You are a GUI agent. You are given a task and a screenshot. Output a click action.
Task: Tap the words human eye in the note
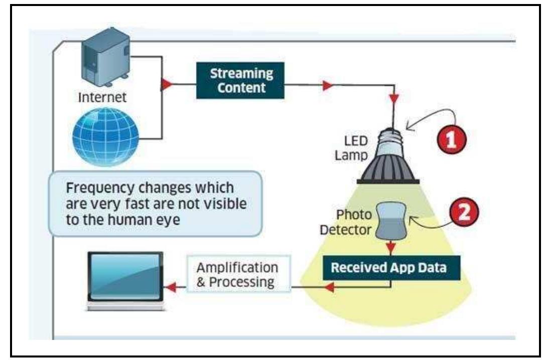(163, 220)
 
